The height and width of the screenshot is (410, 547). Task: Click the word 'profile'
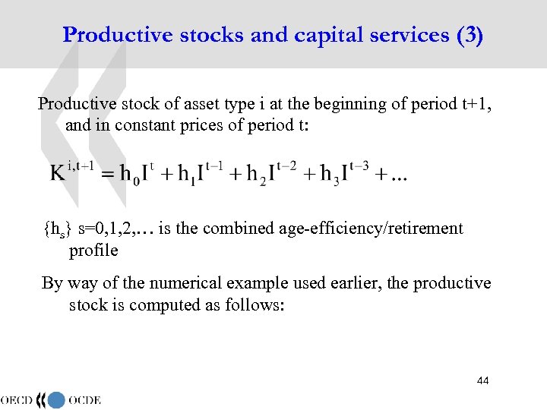[93, 250]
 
